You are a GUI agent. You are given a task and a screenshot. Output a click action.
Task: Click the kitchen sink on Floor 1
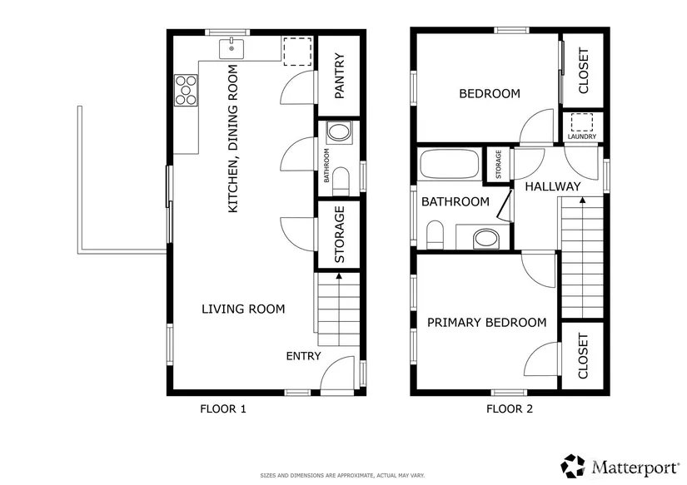[231, 48]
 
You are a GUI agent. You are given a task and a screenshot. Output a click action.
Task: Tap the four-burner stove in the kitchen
[187, 91]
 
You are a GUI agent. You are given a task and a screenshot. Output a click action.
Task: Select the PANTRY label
[340, 76]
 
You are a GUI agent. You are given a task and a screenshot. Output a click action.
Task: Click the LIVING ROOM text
[243, 309]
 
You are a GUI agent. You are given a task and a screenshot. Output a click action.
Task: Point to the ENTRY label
[303, 356]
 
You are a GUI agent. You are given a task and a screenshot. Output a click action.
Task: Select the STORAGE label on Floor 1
[340, 235]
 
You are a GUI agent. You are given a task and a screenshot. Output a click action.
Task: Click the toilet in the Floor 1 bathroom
[341, 181]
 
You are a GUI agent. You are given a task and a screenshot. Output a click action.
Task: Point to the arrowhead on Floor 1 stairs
[338, 276]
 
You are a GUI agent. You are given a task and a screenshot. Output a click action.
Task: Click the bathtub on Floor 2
[449, 164]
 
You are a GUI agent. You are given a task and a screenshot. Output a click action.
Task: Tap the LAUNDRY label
[582, 136]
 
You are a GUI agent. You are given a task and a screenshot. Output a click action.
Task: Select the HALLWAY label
[552, 186]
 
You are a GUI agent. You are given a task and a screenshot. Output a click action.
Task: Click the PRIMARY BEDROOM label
[487, 323]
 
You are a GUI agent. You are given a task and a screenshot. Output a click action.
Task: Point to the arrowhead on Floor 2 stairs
[582, 200]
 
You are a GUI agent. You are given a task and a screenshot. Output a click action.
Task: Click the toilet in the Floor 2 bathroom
[435, 235]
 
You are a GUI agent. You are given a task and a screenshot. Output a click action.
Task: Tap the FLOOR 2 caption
[510, 408]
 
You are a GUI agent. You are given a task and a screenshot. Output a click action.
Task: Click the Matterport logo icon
[573, 466]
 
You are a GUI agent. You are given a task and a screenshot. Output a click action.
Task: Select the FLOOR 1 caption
[223, 408]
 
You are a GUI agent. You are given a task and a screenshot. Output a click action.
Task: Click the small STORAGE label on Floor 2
[498, 164]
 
